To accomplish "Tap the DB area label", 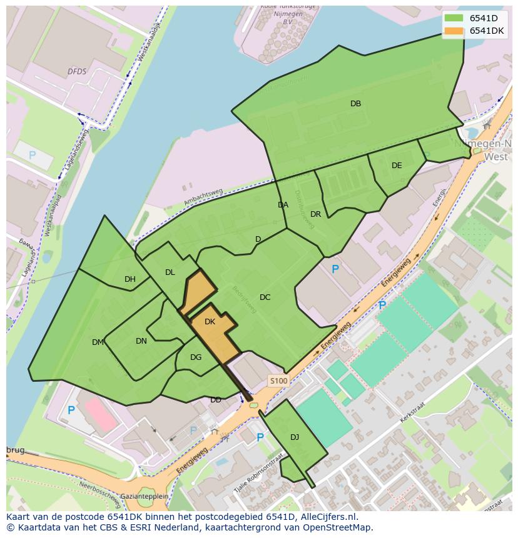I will click(355, 104).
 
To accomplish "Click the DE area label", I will click(397, 166).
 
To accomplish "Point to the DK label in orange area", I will click(210, 322).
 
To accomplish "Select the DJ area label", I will click(295, 437).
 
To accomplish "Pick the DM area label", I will click(98, 342).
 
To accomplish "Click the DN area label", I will click(141, 341).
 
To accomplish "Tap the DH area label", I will click(130, 279).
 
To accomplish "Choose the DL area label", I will click(170, 272).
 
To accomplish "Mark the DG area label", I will click(196, 357).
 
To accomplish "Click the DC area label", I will click(265, 297).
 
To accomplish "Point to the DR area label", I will click(315, 214).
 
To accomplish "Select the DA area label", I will click(283, 205).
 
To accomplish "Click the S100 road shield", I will click(278, 381).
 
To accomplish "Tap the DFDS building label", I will click(77, 72).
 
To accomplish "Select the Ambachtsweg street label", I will click(203, 197).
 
